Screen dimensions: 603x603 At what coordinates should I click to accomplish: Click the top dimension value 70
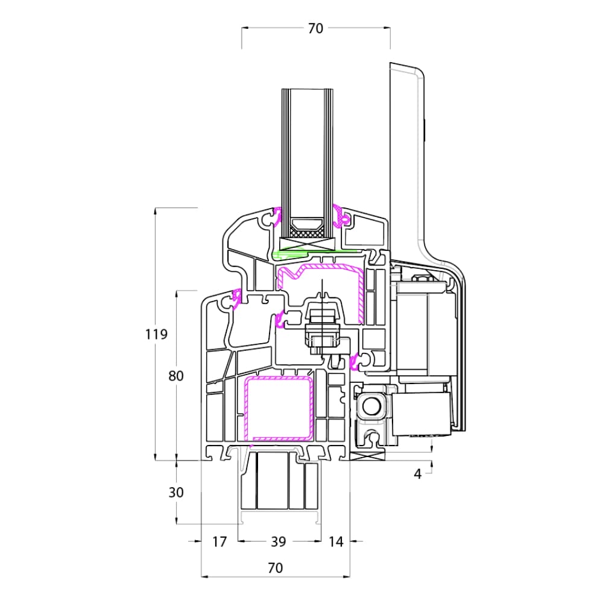point(315,28)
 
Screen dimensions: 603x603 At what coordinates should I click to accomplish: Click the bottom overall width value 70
point(275,567)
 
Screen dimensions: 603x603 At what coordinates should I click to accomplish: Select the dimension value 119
point(156,334)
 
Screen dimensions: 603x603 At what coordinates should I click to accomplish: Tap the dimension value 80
point(176,376)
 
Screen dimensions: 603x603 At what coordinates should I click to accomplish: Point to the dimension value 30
point(176,492)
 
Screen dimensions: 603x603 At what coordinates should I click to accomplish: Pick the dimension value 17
point(219,542)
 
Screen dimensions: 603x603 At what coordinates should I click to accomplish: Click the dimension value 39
point(279,542)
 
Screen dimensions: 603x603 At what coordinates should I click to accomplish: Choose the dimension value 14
point(336,542)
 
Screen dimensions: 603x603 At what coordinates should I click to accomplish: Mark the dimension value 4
point(418,474)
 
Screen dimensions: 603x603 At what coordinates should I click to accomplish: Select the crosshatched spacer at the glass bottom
point(306,233)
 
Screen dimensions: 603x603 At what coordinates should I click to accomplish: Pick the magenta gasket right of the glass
point(340,216)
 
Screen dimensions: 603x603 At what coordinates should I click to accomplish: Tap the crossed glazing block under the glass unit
point(308,244)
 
